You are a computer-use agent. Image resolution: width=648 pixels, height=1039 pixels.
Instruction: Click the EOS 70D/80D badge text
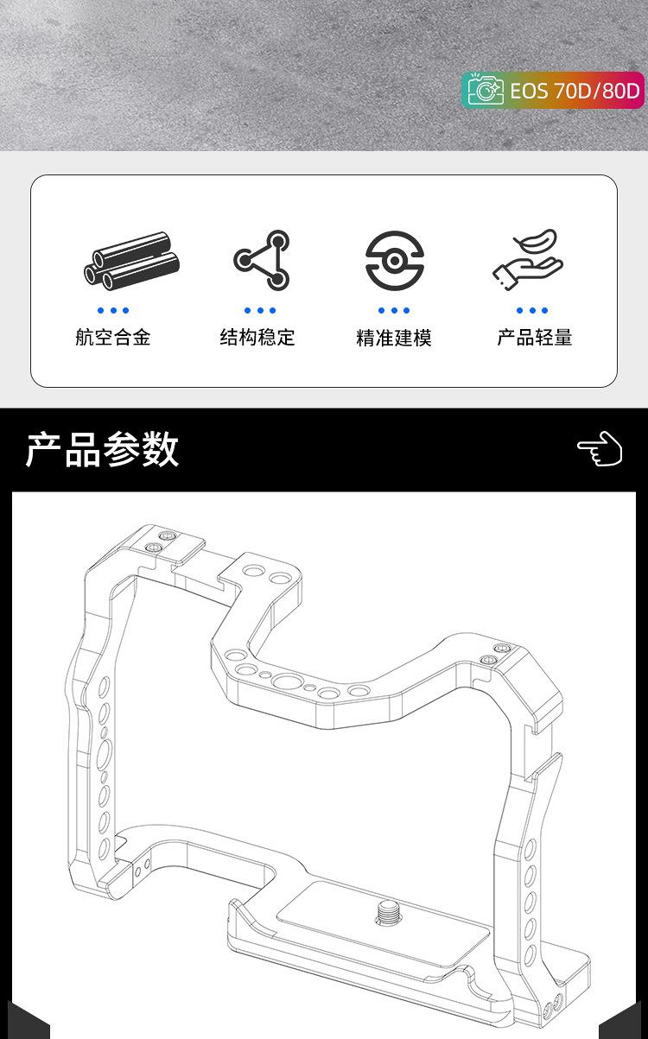(575, 90)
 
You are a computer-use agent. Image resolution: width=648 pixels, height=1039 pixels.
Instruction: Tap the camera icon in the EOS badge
(486, 90)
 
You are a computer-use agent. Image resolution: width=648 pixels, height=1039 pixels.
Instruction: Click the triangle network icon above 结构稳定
(262, 260)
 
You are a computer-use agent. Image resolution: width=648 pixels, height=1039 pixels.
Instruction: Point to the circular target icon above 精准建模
(394, 260)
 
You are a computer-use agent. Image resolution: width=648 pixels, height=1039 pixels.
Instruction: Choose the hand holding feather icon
(529, 259)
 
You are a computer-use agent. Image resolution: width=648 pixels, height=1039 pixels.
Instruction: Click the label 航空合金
(113, 338)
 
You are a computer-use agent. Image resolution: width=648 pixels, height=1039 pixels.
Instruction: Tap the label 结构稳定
(257, 338)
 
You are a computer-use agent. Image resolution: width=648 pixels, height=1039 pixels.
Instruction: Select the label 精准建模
(394, 338)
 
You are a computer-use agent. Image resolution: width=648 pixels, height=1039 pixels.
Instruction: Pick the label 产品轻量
(535, 338)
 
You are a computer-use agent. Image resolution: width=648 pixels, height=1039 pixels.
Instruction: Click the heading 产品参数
(102, 449)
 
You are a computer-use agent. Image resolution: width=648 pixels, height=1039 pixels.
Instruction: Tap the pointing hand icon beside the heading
(600, 449)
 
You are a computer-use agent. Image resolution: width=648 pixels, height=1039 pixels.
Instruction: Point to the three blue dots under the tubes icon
(113, 311)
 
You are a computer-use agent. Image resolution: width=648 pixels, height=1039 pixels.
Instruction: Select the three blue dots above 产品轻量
(532, 311)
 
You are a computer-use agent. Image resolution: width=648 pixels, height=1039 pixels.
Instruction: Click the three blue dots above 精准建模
(394, 311)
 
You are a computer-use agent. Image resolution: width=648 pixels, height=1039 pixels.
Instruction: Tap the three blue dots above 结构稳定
(260, 311)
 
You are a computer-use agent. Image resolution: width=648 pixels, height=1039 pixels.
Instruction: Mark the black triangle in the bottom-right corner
(624, 1023)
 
